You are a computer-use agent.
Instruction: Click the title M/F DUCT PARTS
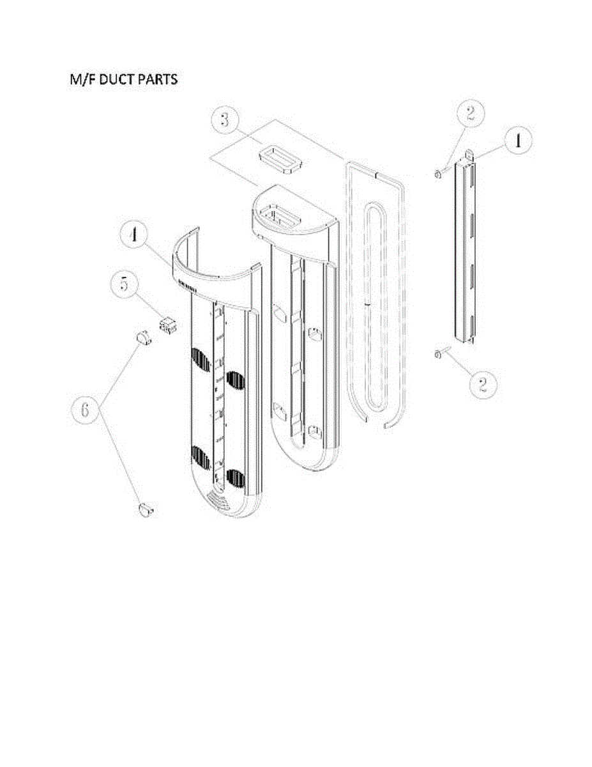point(124,81)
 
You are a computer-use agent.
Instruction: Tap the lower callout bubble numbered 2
point(482,383)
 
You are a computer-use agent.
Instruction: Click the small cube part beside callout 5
point(169,326)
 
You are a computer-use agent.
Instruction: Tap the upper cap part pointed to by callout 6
point(142,336)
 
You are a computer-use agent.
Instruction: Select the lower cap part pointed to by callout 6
point(146,509)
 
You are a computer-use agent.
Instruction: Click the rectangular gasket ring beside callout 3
point(280,160)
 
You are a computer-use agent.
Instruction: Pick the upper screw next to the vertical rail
point(437,173)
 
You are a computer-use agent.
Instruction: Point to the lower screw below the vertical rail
point(439,355)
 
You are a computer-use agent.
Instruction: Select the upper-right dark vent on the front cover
point(236,382)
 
